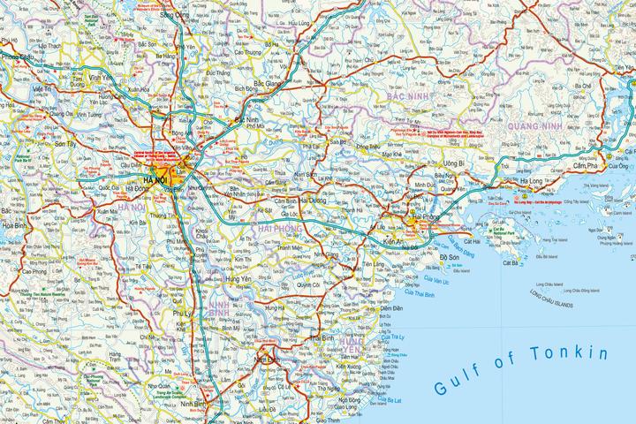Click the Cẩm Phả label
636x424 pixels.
tap(587, 166)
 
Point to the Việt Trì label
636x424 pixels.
tap(44, 90)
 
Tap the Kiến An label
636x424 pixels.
tap(397, 241)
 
